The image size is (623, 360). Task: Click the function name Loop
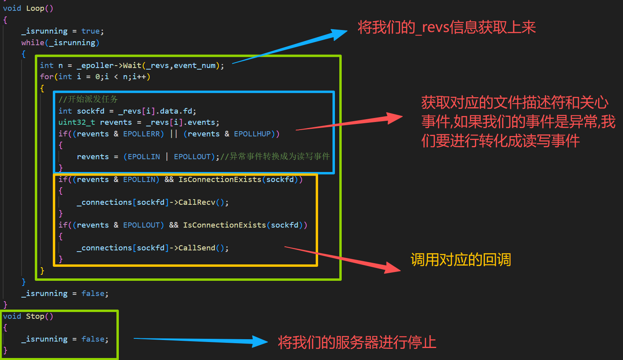click(x=35, y=8)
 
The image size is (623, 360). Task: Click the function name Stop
click(x=35, y=316)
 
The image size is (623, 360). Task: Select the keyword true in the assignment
click(x=90, y=31)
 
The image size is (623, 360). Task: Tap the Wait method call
click(x=132, y=66)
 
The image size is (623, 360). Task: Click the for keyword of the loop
click(x=46, y=77)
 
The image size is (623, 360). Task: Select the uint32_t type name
click(x=77, y=122)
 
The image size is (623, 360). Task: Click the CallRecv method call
click(x=197, y=202)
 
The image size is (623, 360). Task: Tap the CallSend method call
click(x=197, y=248)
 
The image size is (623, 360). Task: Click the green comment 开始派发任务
click(x=93, y=99)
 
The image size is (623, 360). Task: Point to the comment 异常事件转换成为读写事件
click(x=280, y=156)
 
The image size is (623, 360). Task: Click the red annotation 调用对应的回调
click(x=461, y=260)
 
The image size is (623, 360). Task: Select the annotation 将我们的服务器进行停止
click(x=357, y=342)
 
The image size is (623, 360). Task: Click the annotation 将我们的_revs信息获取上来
click(x=447, y=27)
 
